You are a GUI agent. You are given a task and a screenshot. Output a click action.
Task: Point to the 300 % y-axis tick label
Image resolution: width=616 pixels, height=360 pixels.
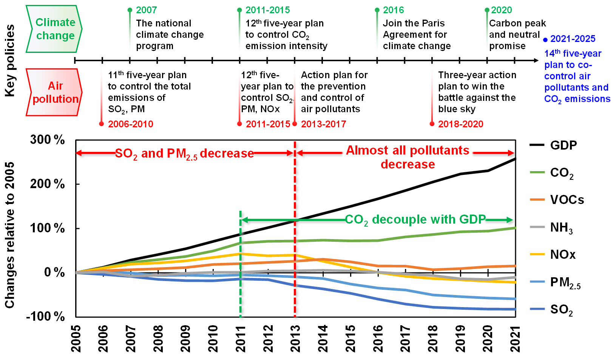48,140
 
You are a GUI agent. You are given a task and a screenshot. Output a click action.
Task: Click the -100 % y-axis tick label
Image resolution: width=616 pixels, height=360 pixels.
45,316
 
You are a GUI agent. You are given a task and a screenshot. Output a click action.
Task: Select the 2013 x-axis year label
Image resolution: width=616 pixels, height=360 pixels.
295,338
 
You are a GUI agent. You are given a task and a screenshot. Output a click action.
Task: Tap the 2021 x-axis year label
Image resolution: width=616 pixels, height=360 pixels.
516,338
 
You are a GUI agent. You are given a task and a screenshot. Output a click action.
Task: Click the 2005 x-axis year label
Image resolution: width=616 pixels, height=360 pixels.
76,338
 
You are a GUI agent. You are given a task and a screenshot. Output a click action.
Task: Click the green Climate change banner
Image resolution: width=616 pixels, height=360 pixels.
55,29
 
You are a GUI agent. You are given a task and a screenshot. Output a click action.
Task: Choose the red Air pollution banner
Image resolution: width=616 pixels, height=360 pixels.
55,92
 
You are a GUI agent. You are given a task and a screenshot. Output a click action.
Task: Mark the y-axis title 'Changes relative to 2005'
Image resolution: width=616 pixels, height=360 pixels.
10,235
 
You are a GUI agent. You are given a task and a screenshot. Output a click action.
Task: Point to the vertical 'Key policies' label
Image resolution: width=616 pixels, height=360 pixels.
10,60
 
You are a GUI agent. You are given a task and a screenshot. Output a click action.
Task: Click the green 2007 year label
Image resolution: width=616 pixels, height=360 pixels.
146,10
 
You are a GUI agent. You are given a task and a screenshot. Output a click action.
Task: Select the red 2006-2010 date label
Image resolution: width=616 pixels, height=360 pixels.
130,124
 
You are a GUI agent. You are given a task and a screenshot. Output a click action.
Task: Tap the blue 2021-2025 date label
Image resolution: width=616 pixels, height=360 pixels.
573,39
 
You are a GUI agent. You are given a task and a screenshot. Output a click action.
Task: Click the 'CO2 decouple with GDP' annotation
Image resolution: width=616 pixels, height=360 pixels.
415,220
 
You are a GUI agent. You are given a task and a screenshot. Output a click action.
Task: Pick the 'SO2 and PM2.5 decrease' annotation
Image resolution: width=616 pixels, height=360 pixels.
184,154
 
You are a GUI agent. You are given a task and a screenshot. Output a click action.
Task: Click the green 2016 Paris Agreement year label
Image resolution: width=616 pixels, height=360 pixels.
393,10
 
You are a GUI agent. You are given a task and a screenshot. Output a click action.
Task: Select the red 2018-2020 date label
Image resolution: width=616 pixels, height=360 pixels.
460,124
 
